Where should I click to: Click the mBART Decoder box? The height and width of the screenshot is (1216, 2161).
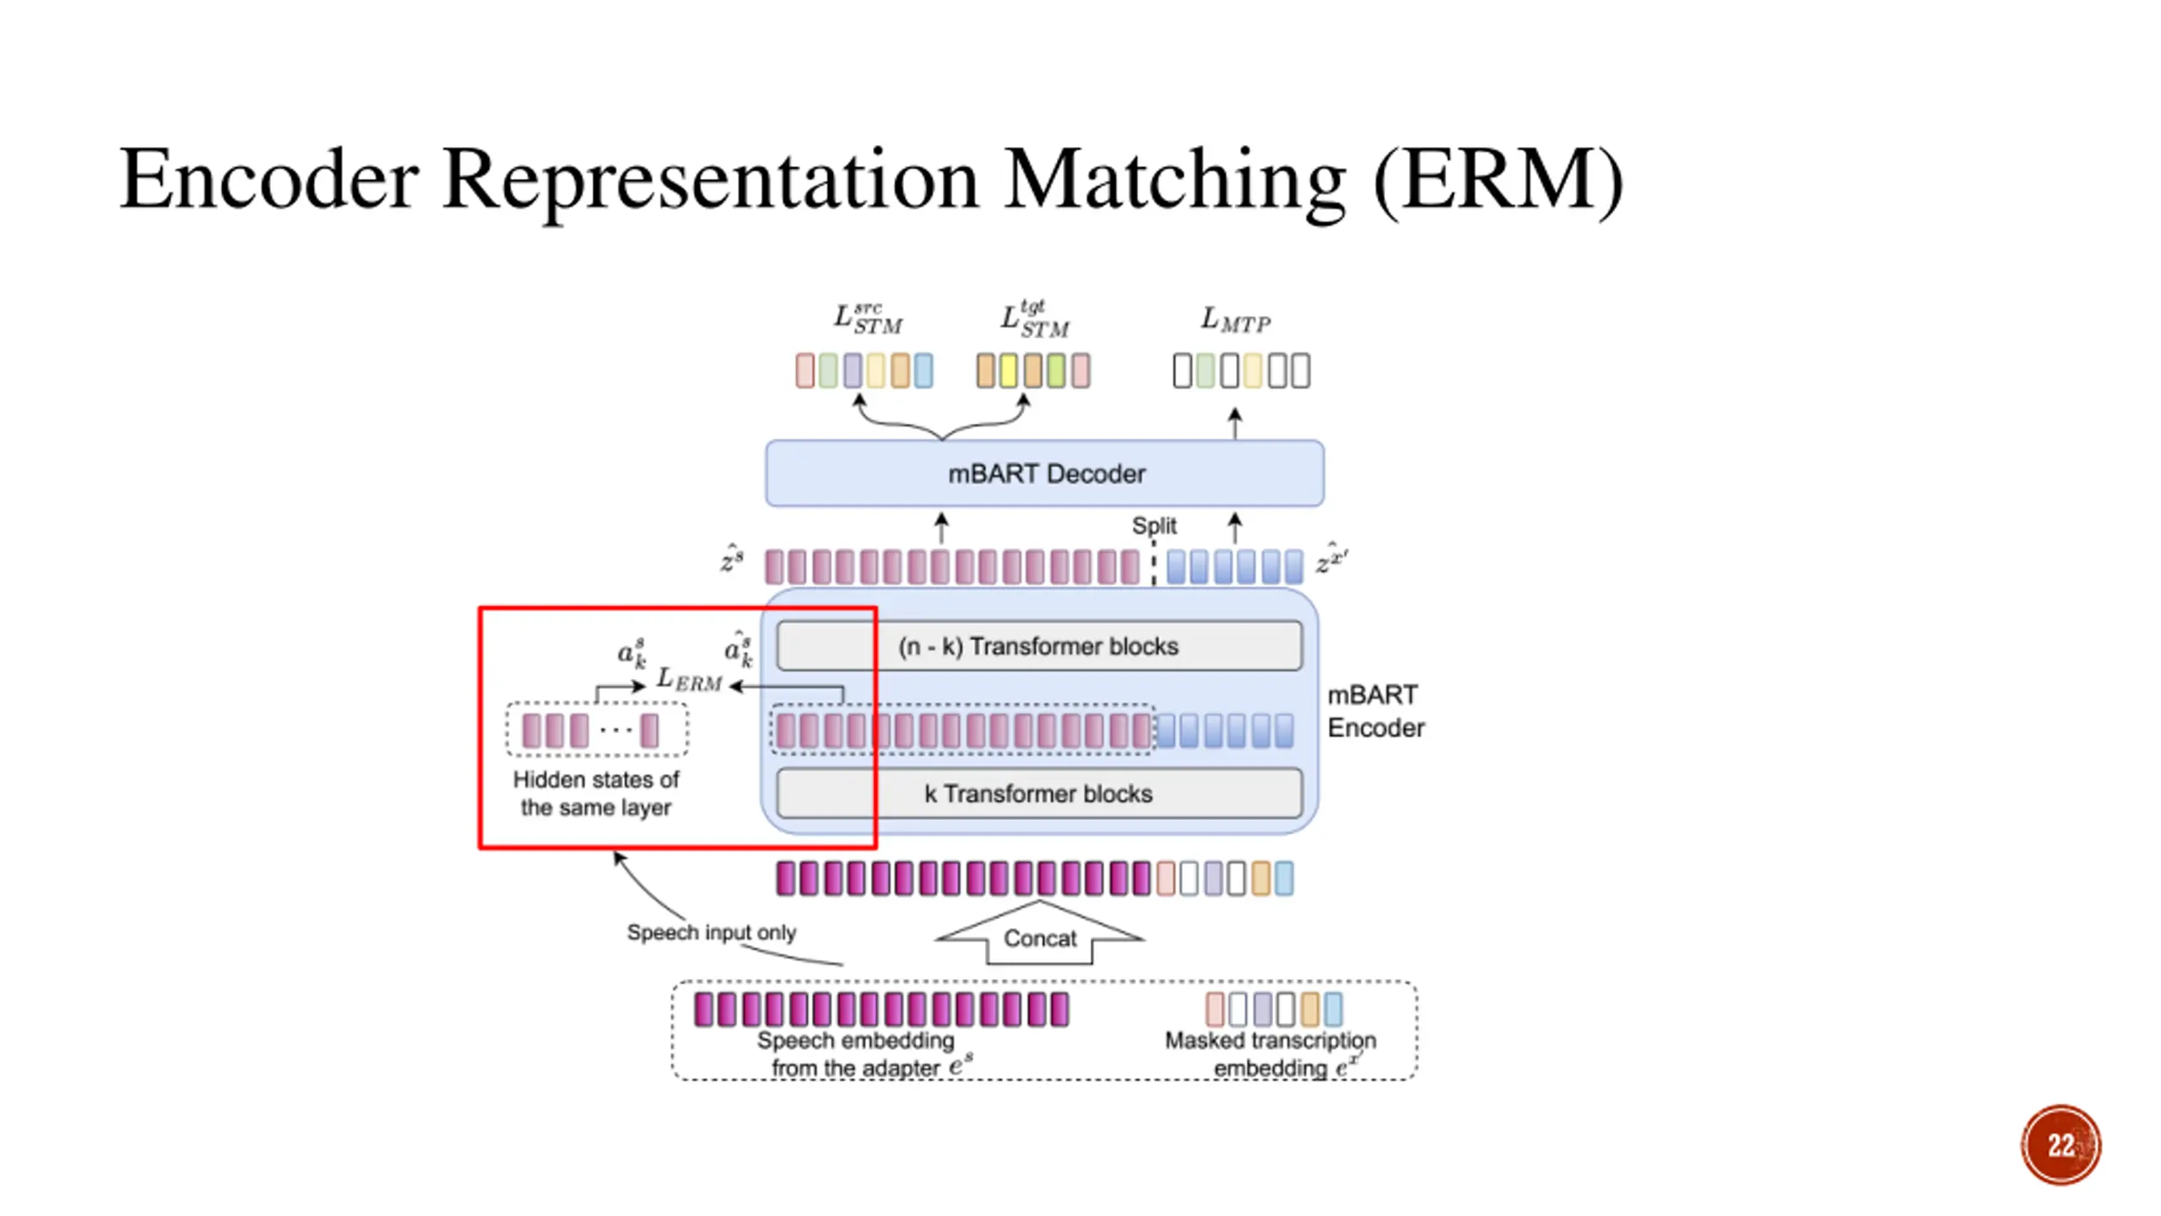click(1044, 473)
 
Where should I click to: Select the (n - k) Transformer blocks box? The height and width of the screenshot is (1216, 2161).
click(1039, 646)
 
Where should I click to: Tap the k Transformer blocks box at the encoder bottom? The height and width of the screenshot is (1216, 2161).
click(1039, 793)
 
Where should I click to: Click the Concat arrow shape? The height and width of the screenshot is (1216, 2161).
click(1039, 932)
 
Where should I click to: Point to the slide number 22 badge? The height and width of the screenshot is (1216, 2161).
click(2061, 1144)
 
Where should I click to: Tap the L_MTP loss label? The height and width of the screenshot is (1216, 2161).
click(1236, 320)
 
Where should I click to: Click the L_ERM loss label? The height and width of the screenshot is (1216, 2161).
click(689, 679)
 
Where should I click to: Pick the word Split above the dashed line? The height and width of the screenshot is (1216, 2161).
click(1154, 525)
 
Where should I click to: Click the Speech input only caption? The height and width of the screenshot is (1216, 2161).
click(711, 932)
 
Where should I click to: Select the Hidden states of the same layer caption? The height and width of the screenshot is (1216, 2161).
click(596, 793)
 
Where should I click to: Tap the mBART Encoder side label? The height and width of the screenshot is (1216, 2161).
click(1375, 711)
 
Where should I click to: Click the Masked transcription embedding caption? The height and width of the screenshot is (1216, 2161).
click(1270, 1054)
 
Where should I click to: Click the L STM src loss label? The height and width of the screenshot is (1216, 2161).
click(868, 318)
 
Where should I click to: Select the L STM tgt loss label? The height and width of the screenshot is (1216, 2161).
click(1035, 318)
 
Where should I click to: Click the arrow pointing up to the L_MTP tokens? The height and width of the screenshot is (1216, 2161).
click(1235, 423)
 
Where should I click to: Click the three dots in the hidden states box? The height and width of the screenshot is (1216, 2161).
click(615, 728)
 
